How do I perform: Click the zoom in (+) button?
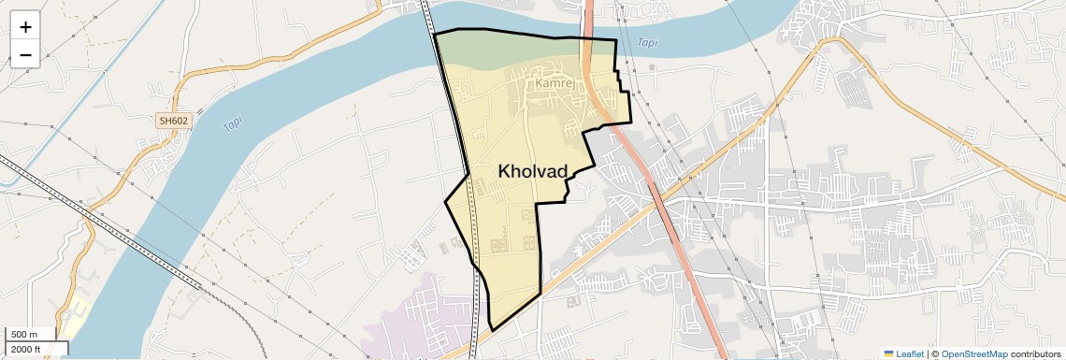(25, 27)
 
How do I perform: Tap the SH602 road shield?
(172, 121)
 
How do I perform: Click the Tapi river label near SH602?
(231, 126)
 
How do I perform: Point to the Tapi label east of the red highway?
(646, 43)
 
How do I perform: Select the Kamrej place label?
(555, 83)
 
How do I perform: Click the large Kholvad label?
(547, 171)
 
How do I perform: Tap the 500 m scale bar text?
(24, 335)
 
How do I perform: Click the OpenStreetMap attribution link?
(973, 353)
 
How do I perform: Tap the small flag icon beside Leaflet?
(888, 353)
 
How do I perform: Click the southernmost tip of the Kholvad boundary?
(491, 330)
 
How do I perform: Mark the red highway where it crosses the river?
(590, 23)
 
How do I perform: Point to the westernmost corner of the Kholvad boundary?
(445, 202)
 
